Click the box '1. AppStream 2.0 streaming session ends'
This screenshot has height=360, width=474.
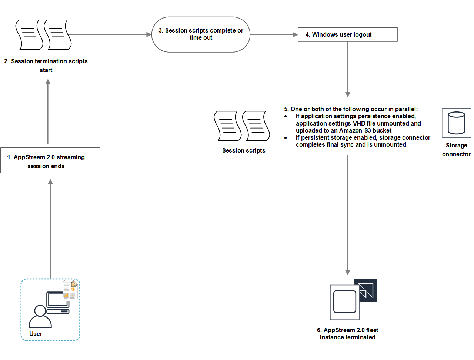click(x=50, y=161)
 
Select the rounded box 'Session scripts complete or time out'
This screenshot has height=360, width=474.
click(x=201, y=34)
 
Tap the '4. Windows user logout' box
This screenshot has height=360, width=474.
click(x=347, y=34)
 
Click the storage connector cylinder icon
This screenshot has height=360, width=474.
click(x=456, y=123)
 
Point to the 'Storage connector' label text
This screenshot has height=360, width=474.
click(x=456, y=150)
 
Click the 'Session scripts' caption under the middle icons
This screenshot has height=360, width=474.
click(x=244, y=150)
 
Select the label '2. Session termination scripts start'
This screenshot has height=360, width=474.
click(x=46, y=66)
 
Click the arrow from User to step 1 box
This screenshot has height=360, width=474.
click(x=50, y=230)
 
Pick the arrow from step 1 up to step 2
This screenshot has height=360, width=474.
click(x=48, y=111)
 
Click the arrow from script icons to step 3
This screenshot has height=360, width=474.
click(x=111, y=34)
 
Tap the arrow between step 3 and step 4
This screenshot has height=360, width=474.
click(x=274, y=34)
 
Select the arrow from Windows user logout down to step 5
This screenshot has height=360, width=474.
click(x=347, y=69)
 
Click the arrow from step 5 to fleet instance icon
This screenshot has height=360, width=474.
click(x=347, y=215)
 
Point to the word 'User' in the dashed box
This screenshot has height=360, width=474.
click(x=36, y=334)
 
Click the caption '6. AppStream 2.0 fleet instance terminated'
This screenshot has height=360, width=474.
click(x=347, y=334)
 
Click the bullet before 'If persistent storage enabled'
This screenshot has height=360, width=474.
click(x=286, y=138)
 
